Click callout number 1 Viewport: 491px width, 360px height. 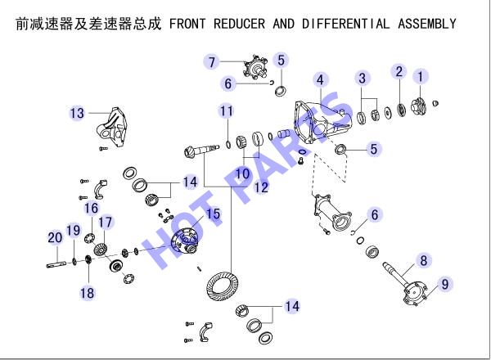point(421,77)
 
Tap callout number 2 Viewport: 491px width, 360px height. point(399,72)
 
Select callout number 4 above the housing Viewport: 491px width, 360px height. point(320,80)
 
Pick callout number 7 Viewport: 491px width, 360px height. point(212,62)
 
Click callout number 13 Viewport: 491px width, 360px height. point(77,113)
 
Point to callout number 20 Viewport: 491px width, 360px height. point(55,237)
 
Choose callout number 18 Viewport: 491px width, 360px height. point(87,294)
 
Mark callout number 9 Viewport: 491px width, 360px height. point(445,284)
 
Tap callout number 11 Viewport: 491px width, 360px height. point(226,111)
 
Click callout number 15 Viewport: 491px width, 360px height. point(214,214)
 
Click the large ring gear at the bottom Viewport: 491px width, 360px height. point(223,286)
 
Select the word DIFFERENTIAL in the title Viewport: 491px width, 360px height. point(346,24)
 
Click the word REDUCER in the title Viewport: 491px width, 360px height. point(239,24)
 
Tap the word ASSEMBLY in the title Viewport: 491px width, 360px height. point(427,24)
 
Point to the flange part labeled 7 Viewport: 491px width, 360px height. point(255,66)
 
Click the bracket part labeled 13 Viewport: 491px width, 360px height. point(112,127)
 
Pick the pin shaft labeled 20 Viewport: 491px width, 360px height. point(56,264)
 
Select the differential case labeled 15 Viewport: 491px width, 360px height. point(185,240)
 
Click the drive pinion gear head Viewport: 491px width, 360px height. point(190,153)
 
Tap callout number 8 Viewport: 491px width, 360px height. point(424,260)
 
